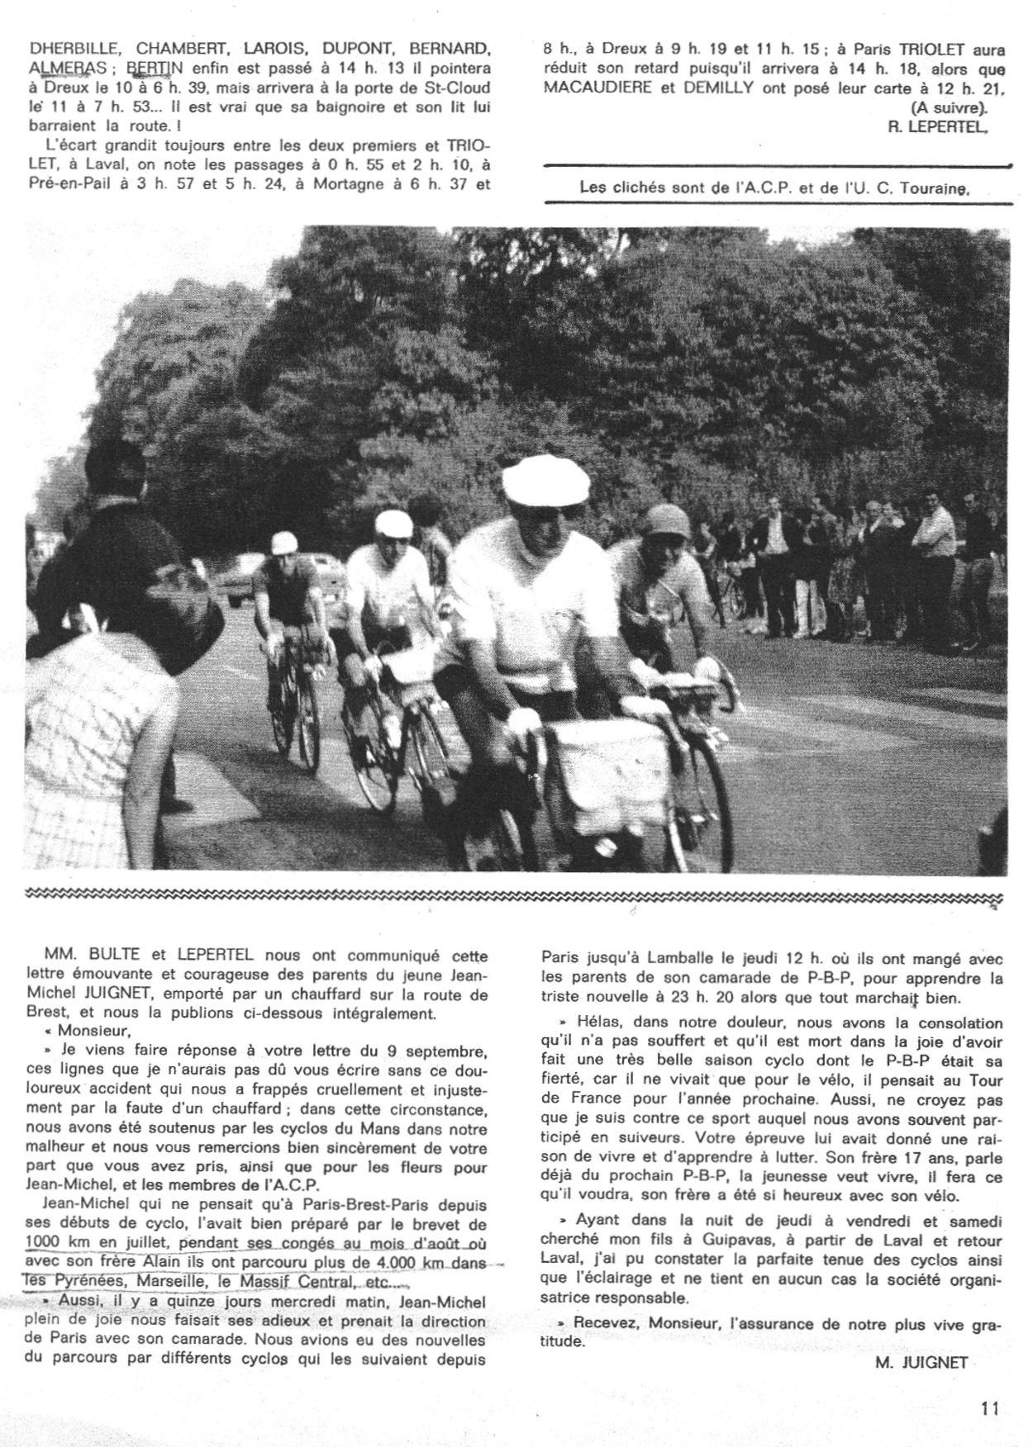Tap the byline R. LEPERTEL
[939, 127]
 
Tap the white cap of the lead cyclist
[534, 480]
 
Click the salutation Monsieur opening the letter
[90, 1031]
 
